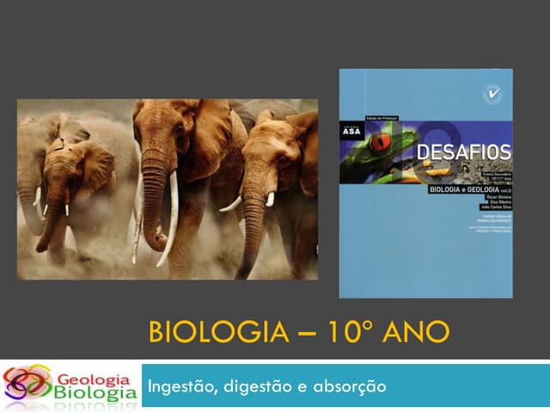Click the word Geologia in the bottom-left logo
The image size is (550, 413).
94,379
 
